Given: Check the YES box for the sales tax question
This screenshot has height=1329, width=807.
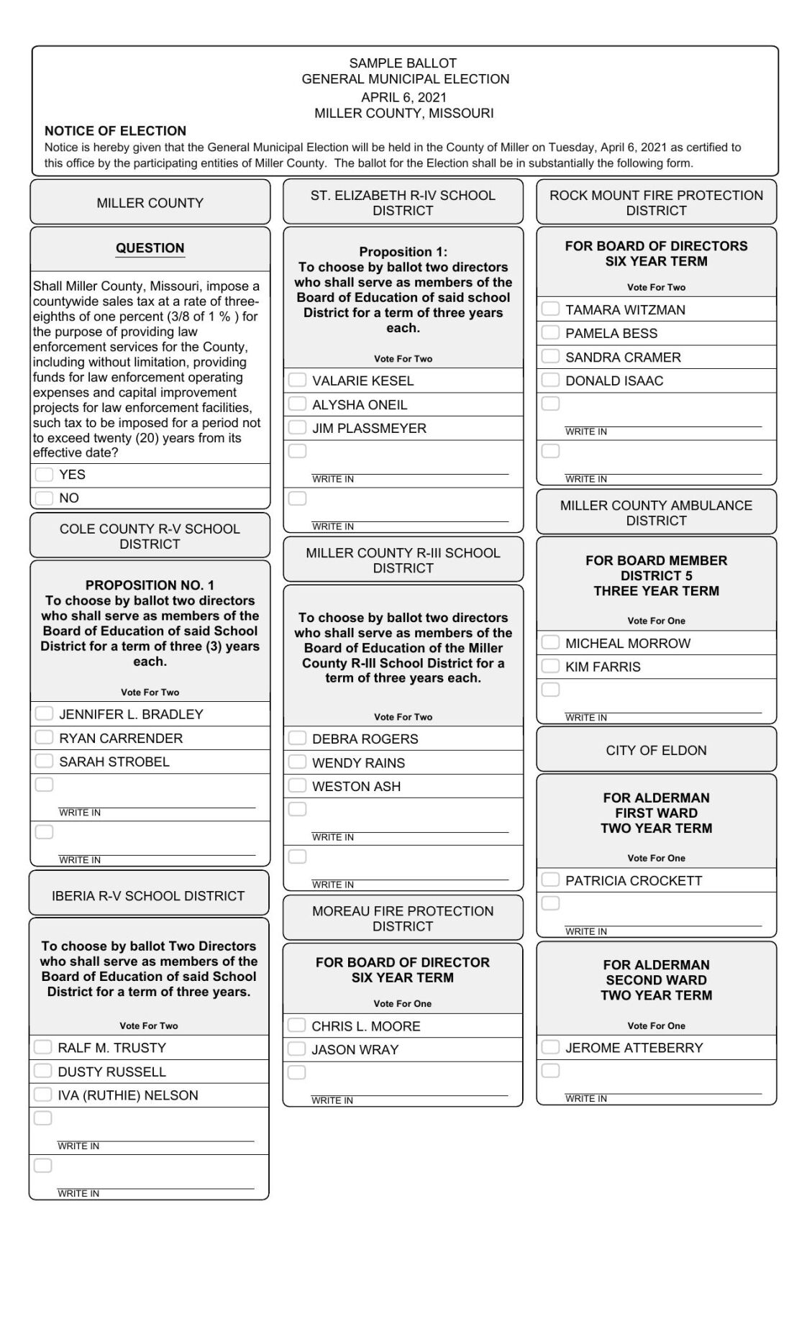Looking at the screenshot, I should coord(44,475).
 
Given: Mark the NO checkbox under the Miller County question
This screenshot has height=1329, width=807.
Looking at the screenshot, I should coord(44,498).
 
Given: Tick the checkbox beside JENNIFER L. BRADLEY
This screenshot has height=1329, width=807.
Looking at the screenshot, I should coord(44,713).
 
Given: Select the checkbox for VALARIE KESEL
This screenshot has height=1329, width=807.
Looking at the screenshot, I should coord(297,380).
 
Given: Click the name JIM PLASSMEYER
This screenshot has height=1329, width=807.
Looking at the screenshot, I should coord(369,428).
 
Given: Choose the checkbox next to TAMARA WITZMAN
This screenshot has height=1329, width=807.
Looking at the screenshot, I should coord(550,309).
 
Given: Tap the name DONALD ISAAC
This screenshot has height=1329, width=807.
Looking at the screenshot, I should coord(614,380).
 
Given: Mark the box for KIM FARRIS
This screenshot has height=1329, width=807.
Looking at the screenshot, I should coord(550,666).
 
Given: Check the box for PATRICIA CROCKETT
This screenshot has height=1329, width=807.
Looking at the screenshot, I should coord(550,880).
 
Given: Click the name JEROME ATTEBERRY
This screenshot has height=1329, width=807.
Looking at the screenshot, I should coord(634,1048).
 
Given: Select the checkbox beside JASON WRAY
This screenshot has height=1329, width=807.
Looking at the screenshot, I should coord(296,1049).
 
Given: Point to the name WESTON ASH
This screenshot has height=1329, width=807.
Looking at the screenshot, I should coord(356,786).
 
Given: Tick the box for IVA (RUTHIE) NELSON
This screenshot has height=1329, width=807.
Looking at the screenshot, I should coord(42,1095).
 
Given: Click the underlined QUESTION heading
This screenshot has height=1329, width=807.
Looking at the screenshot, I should coord(150,248).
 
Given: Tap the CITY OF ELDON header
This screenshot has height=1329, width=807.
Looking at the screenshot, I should coord(656,750).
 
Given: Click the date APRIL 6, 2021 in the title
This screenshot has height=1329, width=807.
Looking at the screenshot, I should coord(403,97).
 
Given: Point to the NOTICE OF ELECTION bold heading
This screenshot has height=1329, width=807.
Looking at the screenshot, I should coord(115,131).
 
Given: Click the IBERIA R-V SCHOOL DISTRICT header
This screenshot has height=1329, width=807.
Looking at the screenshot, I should coord(148,895).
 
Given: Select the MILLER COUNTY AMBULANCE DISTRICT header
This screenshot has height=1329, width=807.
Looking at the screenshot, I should coord(656,513).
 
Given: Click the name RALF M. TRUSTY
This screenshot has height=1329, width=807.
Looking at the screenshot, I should coord(111,1048).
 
